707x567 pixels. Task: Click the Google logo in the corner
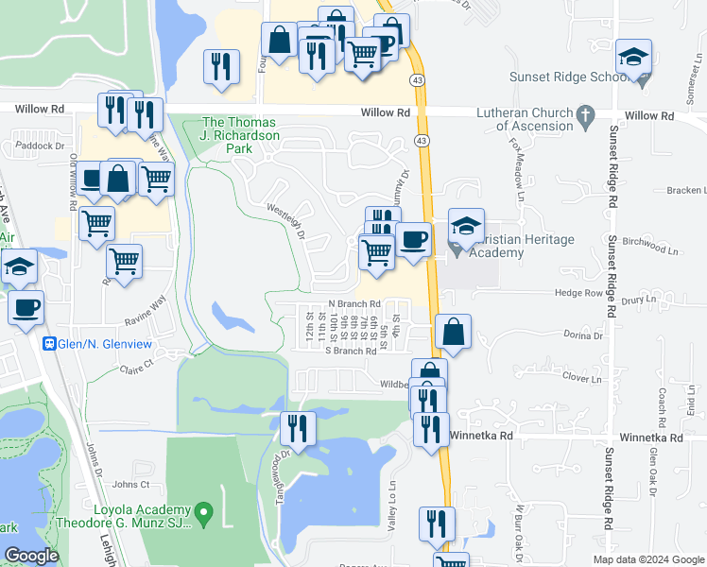point(32,556)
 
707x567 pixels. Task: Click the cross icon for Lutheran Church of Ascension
point(586,120)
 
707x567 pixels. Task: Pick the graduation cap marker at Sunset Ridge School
point(634,59)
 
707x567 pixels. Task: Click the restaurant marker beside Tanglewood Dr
point(298,429)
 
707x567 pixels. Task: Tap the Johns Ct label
point(131,485)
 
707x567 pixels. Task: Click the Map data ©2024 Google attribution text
point(649,559)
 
